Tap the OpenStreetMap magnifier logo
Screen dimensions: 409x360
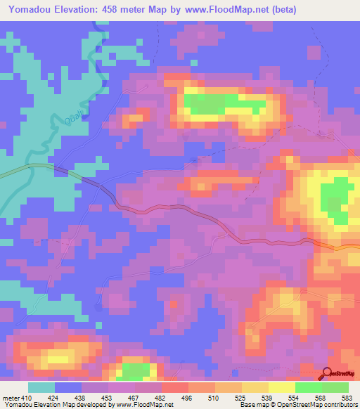pyautogui.click(x=328, y=374)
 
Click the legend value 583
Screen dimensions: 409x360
pyautogui.click(x=347, y=398)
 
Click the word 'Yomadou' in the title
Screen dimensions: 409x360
pyautogui.click(x=27, y=9)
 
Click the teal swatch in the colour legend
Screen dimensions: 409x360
pyautogui.click(x=41, y=387)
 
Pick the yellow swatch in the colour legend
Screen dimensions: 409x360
pyautogui.click(x=281, y=387)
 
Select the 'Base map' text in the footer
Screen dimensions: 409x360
pyautogui.click(x=251, y=405)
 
